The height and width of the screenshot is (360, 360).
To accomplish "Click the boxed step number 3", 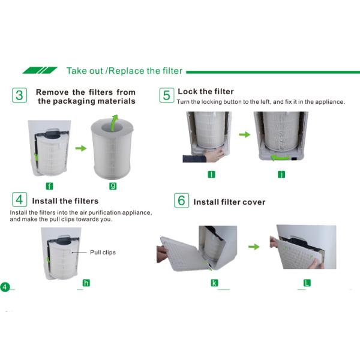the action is pos(20,95).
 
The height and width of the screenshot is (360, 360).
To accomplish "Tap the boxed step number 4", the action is pos(20,200).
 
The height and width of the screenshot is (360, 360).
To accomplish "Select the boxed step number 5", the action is pos(167,95).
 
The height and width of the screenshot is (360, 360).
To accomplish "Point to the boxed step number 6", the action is pos(181,200).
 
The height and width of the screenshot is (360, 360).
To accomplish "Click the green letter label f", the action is pos(49,186).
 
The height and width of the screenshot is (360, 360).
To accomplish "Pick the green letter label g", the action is pos(113,186).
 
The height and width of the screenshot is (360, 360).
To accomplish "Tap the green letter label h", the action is pos(86,283).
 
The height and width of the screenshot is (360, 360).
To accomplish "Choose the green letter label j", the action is pos(281,175).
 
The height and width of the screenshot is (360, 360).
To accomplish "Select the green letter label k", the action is pos(214,283).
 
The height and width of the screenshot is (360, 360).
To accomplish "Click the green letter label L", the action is pos(307,283).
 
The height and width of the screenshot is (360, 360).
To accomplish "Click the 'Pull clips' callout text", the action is pos(103,253).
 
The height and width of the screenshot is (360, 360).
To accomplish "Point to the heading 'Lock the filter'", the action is pos(206,91).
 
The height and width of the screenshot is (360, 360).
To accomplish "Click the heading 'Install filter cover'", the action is pos(229,202).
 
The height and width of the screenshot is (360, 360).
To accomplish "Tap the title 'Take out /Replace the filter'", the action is pos(124,71).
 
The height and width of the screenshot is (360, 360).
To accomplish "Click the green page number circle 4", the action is pos(5,287).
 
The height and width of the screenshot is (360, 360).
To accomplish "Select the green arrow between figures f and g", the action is pos(81,148).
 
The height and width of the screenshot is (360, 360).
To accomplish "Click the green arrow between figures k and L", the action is pos(254,247).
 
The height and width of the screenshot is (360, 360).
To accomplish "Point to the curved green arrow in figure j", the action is pos(281,158).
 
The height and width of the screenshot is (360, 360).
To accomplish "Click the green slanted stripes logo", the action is pos(40,70).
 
